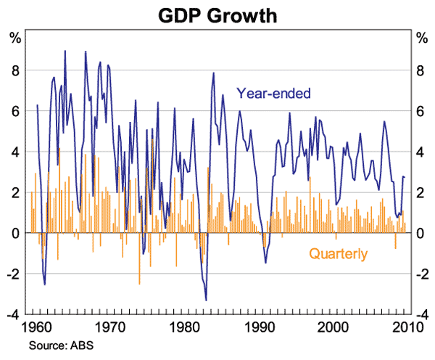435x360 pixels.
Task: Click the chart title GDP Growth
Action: (x=217, y=15)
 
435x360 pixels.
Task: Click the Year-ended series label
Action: (x=273, y=93)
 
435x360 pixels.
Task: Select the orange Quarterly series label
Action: (x=338, y=254)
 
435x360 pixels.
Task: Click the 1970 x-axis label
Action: (x=111, y=327)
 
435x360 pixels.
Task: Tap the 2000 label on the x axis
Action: (x=335, y=327)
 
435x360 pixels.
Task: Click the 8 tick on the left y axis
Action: (x=14, y=71)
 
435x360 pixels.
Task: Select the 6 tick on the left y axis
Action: (x=14, y=112)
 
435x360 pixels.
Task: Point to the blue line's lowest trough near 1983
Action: (x=207, y=300)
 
